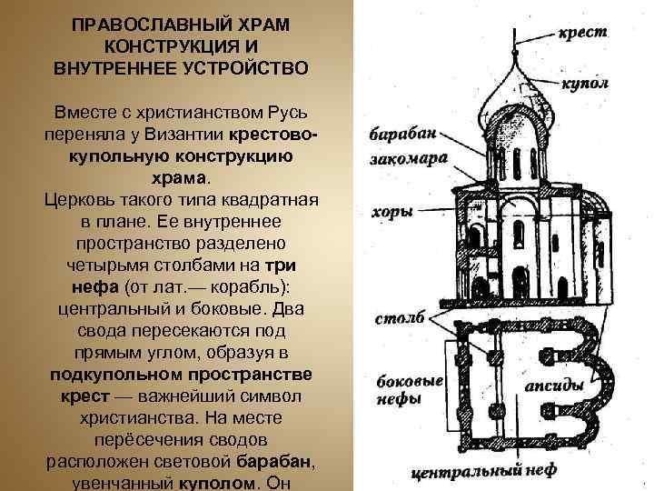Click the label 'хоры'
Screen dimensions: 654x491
(x=391, y=211)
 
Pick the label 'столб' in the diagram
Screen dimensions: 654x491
(x=400, y=321)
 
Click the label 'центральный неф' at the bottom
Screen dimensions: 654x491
(x=493, y=472)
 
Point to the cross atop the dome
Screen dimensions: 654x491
(x=514, y=41)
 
